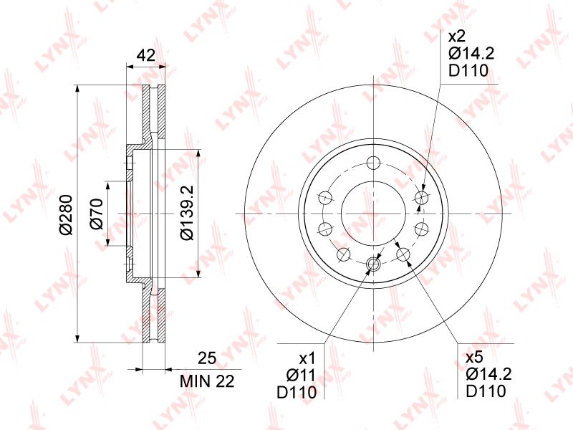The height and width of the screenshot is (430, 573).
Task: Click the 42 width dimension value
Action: pos(145,55)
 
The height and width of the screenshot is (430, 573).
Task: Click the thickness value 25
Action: pos(207,358)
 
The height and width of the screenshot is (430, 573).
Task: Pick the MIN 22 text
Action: pos(207,382)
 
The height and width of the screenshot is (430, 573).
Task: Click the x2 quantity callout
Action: pos(457,37)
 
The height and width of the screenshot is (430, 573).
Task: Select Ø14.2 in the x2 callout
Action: pos(471,54)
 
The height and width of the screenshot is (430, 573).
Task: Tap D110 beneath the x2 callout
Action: pos(468,70)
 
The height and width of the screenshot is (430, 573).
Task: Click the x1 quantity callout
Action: pos(307,359)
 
